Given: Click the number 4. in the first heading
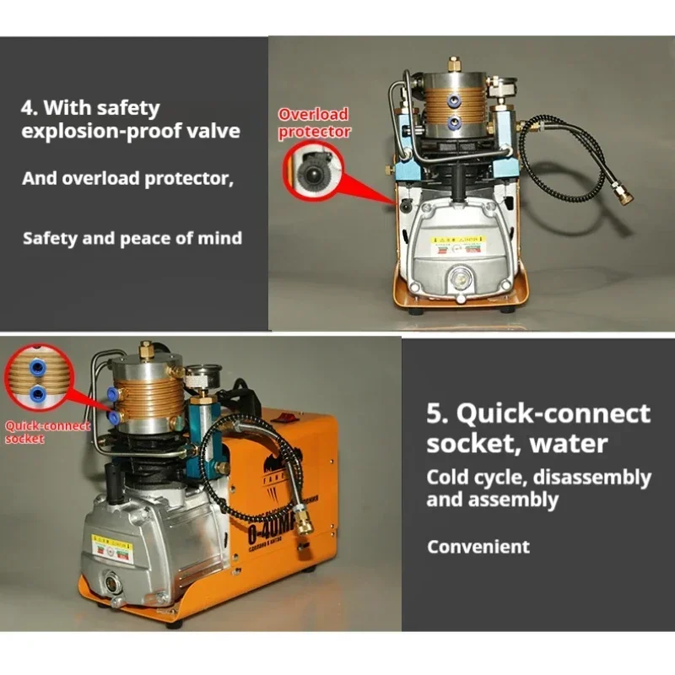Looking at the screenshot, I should pos(30,108).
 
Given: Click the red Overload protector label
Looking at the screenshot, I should pos(314,122).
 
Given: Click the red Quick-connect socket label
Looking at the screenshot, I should pos(47,432).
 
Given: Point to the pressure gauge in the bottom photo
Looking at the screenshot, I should pos(199,377).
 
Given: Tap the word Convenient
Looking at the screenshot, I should pos(478,546).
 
